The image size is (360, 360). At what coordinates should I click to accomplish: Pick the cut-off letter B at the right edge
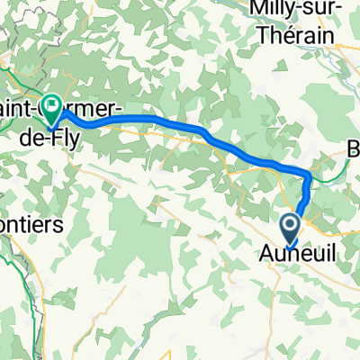pos(354,152)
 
